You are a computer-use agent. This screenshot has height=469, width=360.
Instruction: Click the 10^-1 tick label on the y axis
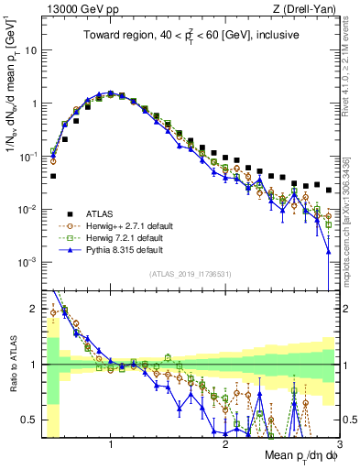(x=27, y=156)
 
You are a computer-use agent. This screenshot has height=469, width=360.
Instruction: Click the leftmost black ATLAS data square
(x=53, y=175)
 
